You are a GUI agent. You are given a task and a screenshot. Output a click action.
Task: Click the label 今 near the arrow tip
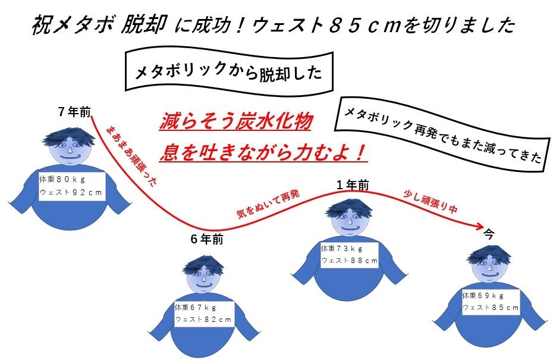[x=489, y=233]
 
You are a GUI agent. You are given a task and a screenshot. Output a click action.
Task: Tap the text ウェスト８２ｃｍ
[x=203, y=320]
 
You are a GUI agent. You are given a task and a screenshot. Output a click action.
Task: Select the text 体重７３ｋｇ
[x=341, y=248]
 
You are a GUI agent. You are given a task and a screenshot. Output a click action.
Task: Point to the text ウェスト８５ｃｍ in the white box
[x=491, y=308]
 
